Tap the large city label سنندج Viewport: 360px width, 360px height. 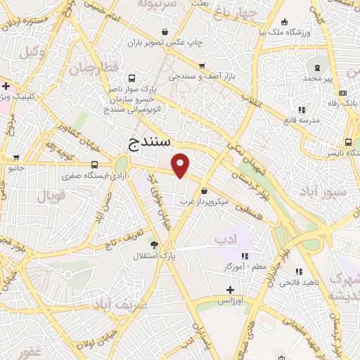click(150, 143)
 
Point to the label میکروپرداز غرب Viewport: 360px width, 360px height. click(201, 201)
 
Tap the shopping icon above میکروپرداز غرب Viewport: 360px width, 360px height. click(204, 191)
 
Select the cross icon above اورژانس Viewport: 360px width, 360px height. click(230, 289)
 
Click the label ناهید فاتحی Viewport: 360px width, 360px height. click(297, 282)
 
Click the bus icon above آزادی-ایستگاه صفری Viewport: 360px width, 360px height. click(94, 165)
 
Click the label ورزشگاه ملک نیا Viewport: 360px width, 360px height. click(284, 32)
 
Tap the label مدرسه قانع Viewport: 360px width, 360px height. click(301, 120)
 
